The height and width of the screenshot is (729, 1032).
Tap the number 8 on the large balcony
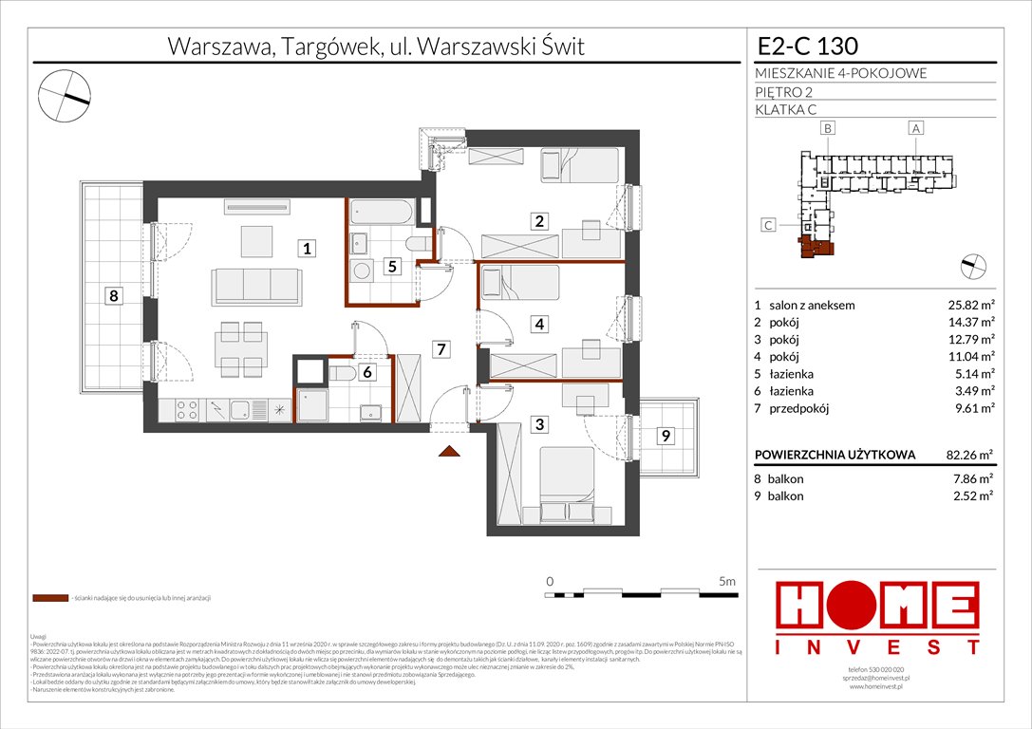113,296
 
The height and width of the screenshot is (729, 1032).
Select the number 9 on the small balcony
666,436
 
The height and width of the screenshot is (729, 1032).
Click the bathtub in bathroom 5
381,211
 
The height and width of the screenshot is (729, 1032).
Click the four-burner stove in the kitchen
185,410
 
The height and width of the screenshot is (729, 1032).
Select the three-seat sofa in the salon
256,284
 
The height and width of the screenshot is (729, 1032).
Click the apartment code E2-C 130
808,46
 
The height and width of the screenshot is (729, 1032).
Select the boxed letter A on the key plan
915,128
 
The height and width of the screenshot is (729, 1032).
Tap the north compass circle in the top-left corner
64,96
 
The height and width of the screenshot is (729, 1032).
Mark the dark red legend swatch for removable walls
49,599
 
